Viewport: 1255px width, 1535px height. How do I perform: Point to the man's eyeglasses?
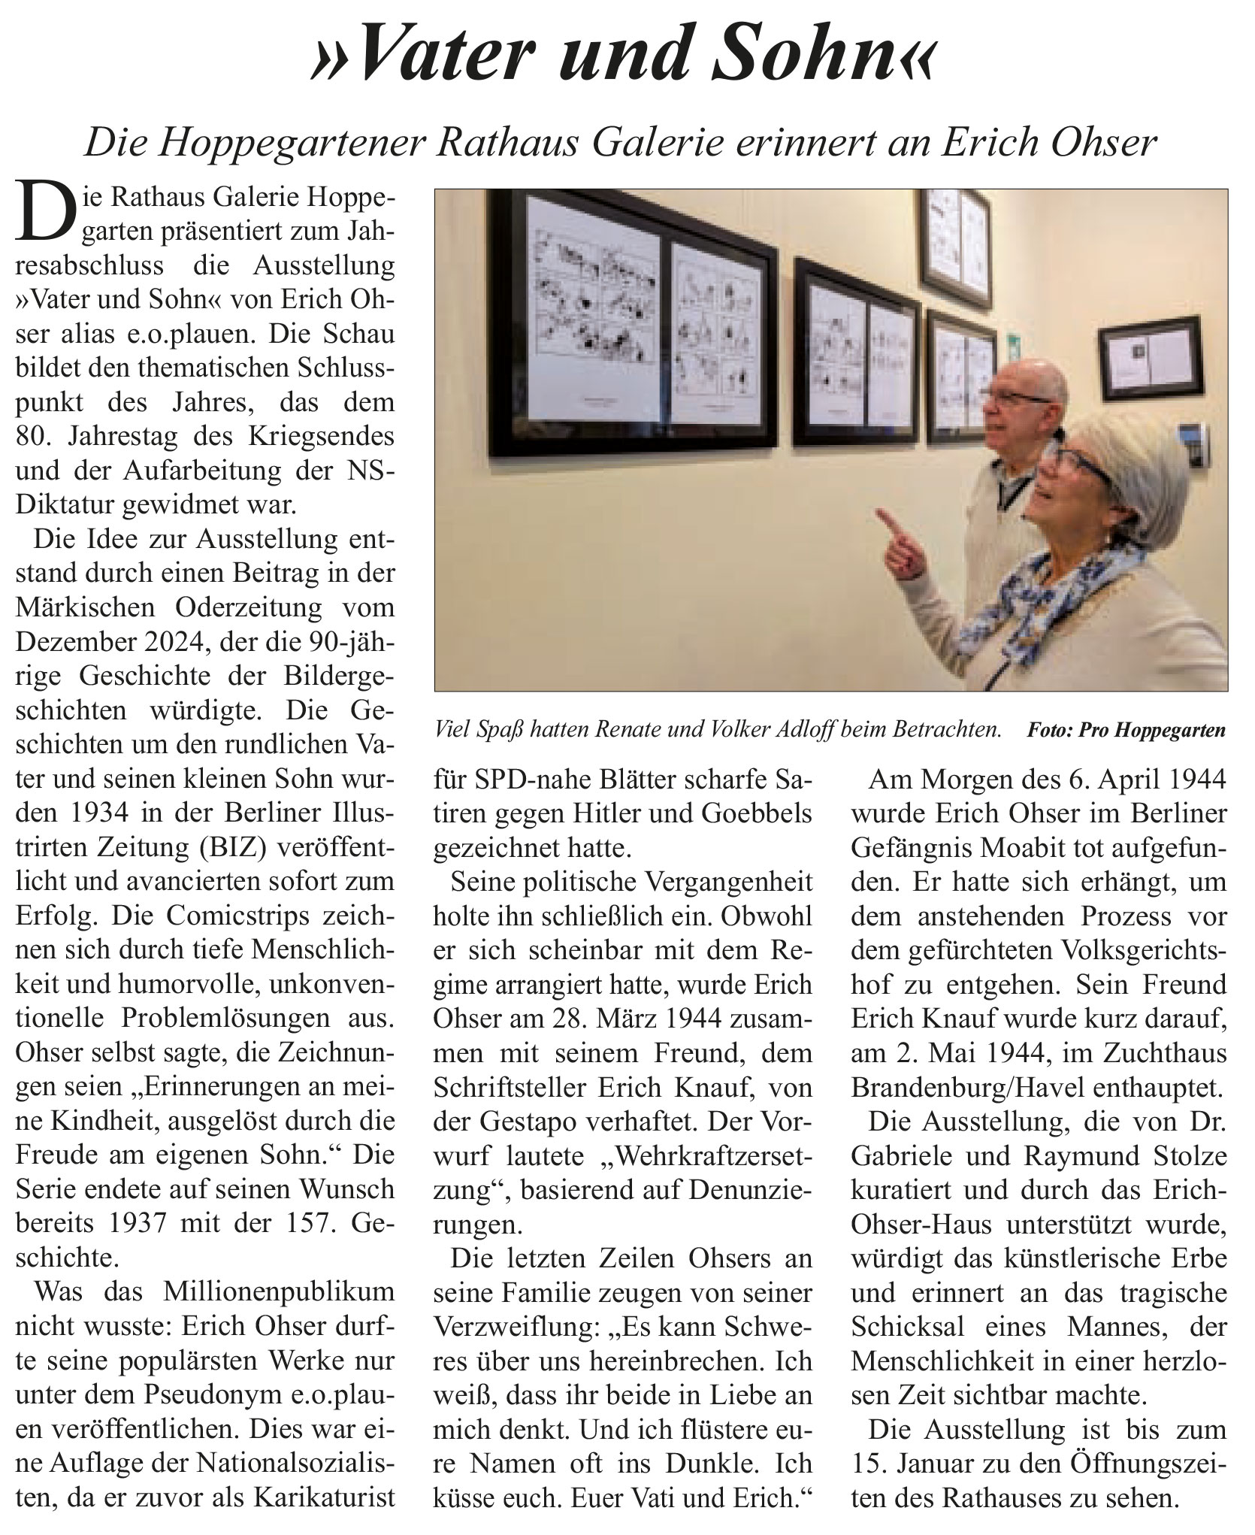point(1018,401)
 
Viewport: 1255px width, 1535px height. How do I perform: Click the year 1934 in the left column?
point(89,813)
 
